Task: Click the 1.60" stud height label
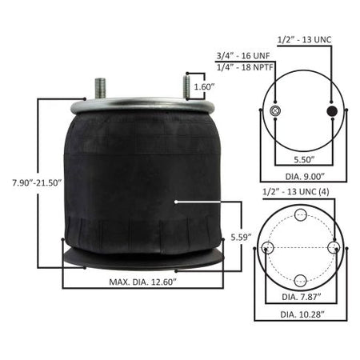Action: tap(204, 86)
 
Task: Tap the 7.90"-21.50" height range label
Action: tap(37, 183)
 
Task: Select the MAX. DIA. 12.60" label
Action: tap(143, 282)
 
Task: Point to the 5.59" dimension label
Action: tap(242, 237)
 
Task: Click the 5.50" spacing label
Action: tap(304, 159)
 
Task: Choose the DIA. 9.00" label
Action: tap(305, 176)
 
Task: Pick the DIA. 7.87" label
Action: tap(302, 297)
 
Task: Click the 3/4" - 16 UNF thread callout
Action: tap(243, 56)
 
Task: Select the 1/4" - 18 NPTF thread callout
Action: tap(245, 67)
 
